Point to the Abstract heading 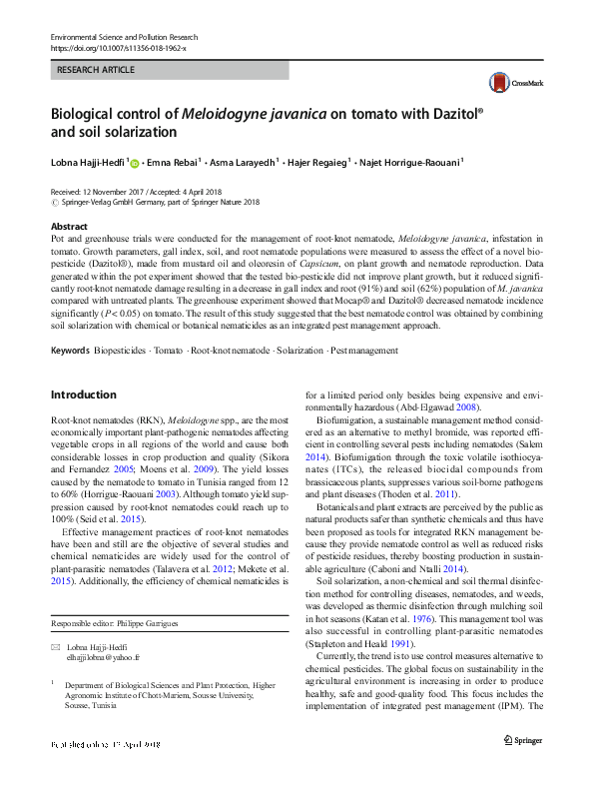tap(69, 227)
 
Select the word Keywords tap(69, 351)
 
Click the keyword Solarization tap(299, 351)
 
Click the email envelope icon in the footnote tap(55, 648)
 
